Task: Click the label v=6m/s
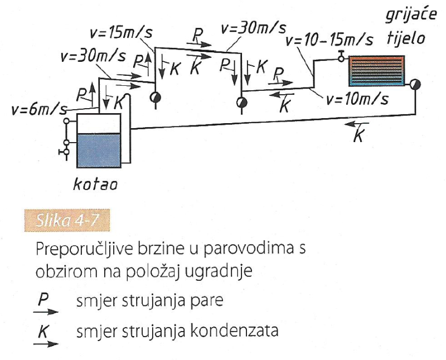(x=39, y=109)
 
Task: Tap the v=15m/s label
(x=121, y=33)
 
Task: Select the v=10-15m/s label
(x=329, y=40)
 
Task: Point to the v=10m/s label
(x=357, y=99)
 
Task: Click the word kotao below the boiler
(x=95, y=184)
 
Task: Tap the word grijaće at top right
(x=411, y=14)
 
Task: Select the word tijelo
(x=406, y=38)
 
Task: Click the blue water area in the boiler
(x=99, y=150)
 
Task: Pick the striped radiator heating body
(x=376, y=71)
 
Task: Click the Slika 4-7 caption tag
(x=67, y=220)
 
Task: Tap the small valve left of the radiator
(x=341, y=57)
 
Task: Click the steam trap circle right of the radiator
(x=415, y=84)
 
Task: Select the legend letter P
(x=43, y=300)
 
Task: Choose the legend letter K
(x=43, y=332)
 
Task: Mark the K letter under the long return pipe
(x=358, y=135)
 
